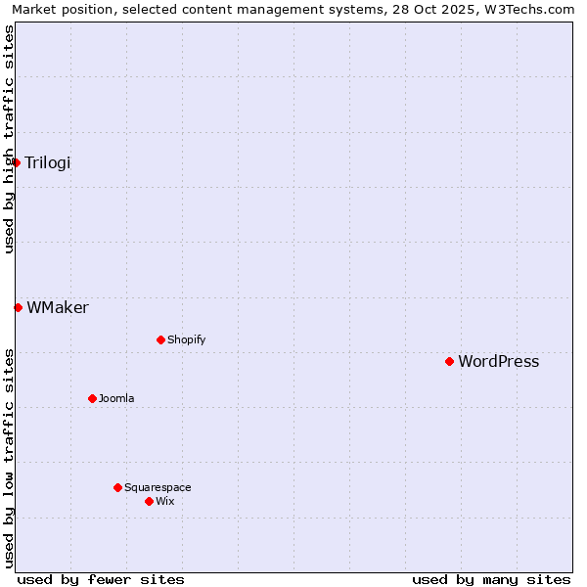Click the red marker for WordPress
449,361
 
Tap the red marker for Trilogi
17,162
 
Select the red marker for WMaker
18,307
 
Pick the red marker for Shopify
160,339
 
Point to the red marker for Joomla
92,398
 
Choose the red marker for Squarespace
117,487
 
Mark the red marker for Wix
149,501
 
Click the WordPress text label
498,362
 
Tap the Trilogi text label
47,163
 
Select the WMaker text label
58,308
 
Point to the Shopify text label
186,340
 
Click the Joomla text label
116,399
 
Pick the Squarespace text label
158,488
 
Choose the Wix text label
164,502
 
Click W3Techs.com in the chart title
533,9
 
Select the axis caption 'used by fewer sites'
101,579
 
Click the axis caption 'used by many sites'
491,579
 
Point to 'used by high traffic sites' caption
9,140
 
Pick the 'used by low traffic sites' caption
9,458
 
